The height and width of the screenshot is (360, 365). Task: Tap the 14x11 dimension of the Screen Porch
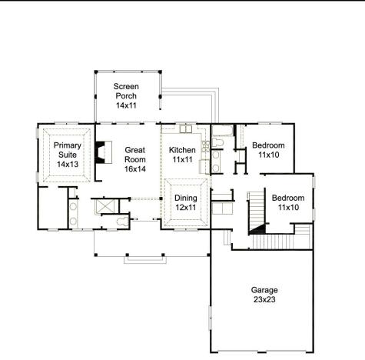click(x=126, y=105)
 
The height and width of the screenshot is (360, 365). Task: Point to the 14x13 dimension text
click(x=67, y=164)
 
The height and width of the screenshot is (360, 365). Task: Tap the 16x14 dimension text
click(x=135, y=168)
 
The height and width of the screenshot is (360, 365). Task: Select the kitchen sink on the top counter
click(x=184, y=129)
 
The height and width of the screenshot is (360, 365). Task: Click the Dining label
click(x=185, y=198)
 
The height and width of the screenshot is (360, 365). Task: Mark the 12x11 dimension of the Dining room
click(x=185, y=208)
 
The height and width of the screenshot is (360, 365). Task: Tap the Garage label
click(x=264, y=290)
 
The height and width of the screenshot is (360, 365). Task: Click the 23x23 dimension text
click(x=264, y=300)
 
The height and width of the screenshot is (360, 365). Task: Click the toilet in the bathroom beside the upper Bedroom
click(x=218, y=143)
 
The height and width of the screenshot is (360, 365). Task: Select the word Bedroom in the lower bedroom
click(x=288, y=198)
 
